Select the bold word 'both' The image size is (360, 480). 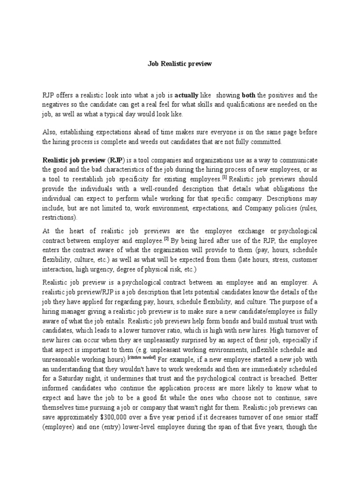pos(247,95)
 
